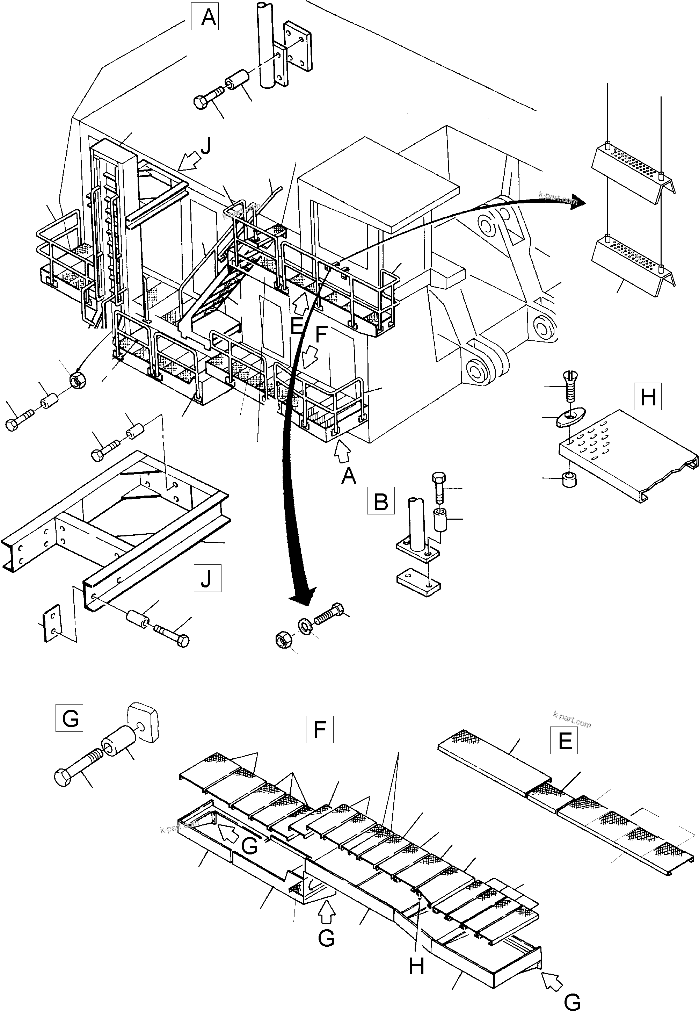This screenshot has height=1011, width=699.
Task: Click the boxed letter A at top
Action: coord(205,17)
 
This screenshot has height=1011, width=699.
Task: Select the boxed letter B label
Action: coord(381,500)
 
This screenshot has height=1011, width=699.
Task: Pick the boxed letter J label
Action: coord(207,578)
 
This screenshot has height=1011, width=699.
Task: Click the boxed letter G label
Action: coord(70,718)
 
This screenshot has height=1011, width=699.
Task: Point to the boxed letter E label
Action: coord(564,740)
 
